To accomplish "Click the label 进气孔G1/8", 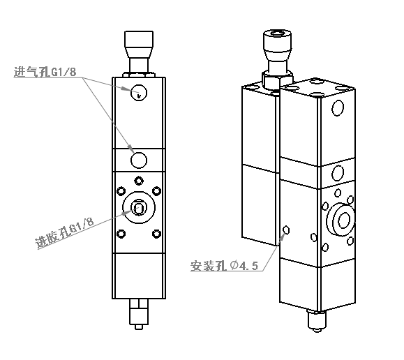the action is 45,72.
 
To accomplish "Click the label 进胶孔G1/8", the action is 64,233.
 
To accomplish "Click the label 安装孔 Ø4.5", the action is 224,266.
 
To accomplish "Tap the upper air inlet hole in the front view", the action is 139,93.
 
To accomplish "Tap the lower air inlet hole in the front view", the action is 139,160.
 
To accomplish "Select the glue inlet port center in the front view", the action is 139,207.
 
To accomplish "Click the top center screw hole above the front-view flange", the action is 139,181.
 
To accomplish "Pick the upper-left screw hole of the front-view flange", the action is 121,191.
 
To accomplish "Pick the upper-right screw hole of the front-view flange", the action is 157,191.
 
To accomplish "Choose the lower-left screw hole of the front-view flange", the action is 121,234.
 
